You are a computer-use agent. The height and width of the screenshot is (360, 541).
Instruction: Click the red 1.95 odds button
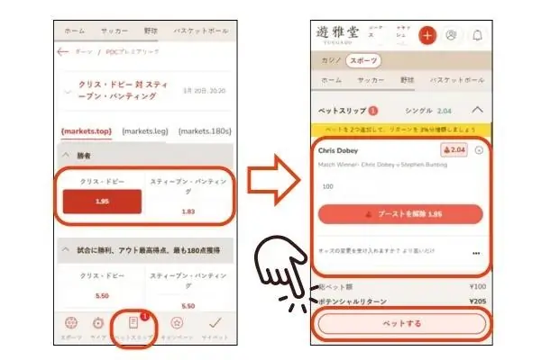tap(101, 202)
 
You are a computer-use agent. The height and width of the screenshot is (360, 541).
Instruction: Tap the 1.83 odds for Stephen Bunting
tap(188, 211)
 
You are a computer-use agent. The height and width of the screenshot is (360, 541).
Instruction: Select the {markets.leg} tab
tap(145, 131)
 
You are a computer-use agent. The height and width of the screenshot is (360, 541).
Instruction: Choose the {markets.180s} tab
tap(204, 131)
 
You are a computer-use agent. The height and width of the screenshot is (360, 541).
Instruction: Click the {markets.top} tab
tap(87, 131)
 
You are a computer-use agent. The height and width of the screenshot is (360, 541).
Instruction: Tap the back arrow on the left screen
tap(62, 52)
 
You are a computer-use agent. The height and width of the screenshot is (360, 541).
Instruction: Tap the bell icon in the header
tap(477, 35)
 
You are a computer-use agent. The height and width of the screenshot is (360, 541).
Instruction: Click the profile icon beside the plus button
tap(452, 35)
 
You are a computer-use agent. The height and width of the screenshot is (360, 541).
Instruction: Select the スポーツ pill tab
tap(364, 60)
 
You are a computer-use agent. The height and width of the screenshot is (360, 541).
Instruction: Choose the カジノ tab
tap(331, 60)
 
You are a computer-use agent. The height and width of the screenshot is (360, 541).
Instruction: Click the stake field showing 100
tap(328, 186)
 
